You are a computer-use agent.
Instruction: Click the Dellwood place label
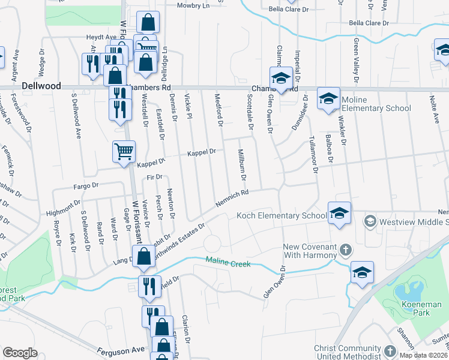point(41,86)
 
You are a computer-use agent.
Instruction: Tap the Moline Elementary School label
point(376,104)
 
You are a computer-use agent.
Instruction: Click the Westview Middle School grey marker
point(370,221)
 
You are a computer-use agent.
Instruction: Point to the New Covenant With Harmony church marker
point(345,248)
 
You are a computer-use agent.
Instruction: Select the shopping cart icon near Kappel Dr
point(124,152)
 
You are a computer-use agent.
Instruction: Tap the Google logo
point(20,353)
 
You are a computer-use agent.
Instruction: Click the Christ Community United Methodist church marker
point(390,350)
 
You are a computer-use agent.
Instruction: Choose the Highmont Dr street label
point(64,209)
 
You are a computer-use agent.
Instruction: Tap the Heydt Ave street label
point(100,37)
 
